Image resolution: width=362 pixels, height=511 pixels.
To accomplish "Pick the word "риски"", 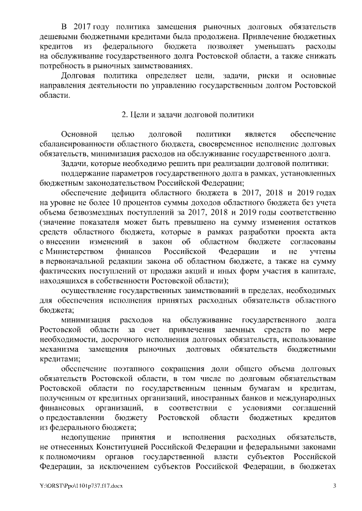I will (x=255, y=76).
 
